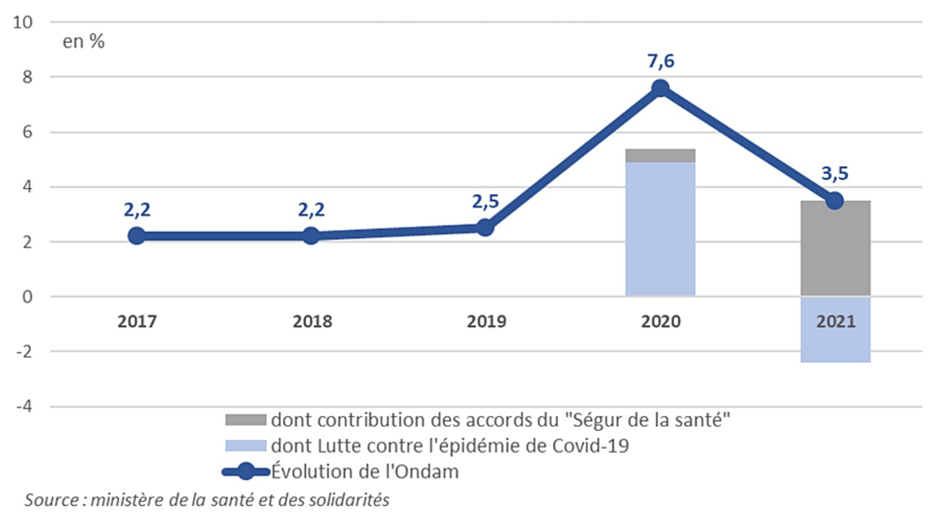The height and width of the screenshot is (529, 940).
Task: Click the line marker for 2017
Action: pos(137,236)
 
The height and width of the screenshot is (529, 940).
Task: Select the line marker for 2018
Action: pos(311,236)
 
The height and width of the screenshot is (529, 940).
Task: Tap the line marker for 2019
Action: pos(485,228)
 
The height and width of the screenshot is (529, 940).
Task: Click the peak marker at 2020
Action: pos(660,88)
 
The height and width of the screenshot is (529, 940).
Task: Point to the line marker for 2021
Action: pos(835,201)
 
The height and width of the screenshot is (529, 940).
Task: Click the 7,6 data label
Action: pos(660,60)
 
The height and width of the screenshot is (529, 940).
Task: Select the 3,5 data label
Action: pos(835,173)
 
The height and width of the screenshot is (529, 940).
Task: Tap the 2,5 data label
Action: pos(485,201)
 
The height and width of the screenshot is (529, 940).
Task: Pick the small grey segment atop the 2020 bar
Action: pos(660,155)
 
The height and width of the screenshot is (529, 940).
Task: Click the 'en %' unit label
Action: pos(84,42)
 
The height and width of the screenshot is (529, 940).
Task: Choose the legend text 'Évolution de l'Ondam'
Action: pos(365,472)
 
